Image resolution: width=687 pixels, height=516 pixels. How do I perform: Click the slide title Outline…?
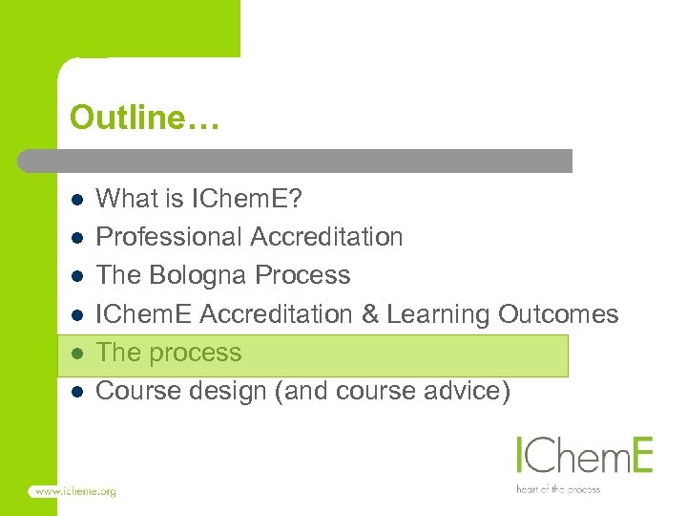tap(144, 118)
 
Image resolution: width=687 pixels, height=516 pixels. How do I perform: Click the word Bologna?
tap(201, 276)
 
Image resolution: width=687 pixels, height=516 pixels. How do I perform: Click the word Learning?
tap(447, 314)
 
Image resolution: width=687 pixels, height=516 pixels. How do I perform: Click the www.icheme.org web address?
tap(74, 491)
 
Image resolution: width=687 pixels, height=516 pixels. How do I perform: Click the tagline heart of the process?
tap(558, 489)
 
